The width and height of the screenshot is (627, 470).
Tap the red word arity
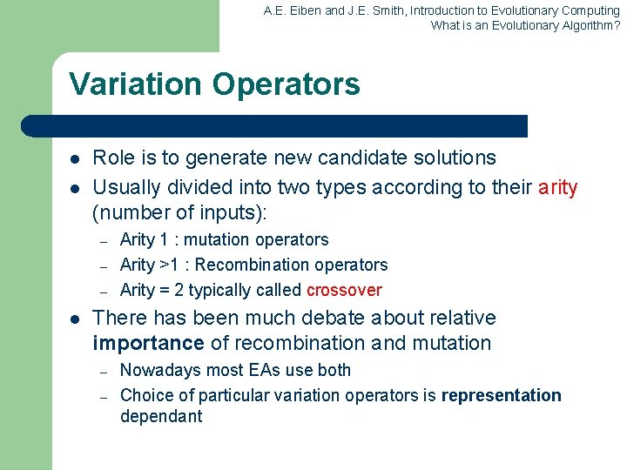(557, 187)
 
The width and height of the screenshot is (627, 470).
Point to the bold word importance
(148, 343)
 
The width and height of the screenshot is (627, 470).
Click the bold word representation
(501, 395)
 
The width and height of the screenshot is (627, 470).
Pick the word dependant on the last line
(161, 416)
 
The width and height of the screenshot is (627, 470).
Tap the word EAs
(262, 370)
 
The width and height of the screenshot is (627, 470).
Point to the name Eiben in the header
(305, 11)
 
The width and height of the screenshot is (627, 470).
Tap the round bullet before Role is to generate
(76, 159)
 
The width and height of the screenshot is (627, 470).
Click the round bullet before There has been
(76, 319)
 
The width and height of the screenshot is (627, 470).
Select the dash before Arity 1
(103, 241)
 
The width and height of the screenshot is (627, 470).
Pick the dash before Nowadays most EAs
(103, 372)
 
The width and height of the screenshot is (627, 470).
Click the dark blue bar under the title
(274, 126)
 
